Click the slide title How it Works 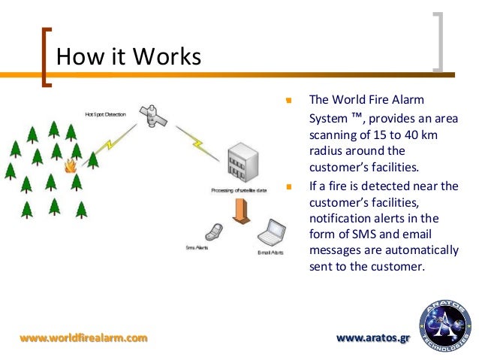coord(129,57)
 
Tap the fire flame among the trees coord(71,165)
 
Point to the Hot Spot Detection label coord(105,115)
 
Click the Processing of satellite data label coord(238,192)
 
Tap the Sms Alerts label coord(197,247)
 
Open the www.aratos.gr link coord(374,338)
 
